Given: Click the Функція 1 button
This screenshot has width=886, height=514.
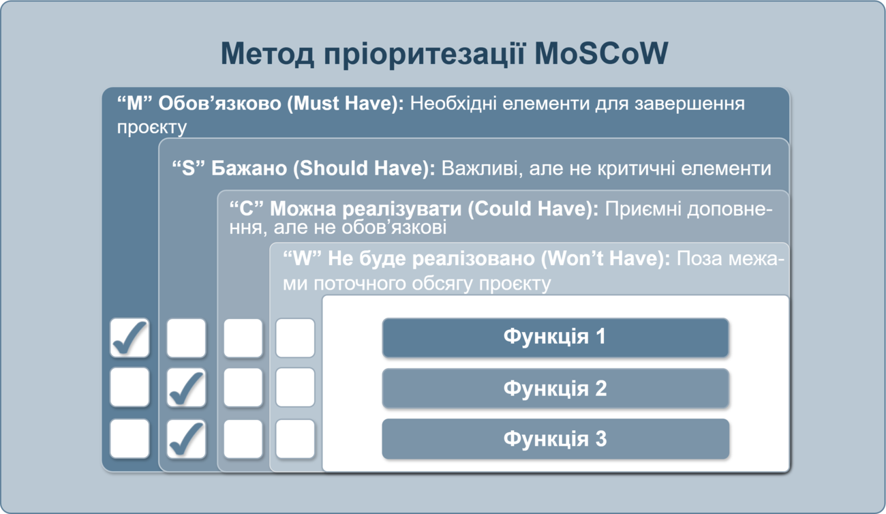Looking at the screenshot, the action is tap(555, 337).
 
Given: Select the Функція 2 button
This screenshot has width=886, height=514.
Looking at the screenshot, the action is tap(555, 388).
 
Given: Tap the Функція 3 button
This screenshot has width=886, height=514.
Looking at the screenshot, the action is tap(555, 439).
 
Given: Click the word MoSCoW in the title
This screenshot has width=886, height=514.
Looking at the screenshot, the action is tap(601, 53).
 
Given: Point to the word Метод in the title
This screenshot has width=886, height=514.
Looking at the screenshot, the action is tap(267, 53).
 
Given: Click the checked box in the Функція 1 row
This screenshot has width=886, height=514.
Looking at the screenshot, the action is tap(129, 338).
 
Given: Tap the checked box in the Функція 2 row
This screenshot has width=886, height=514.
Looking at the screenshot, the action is tap(186, 388).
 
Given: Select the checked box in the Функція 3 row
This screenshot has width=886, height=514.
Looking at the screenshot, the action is tap(186, 439).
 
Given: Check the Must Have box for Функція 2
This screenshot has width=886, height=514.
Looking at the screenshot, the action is tap(129, 388).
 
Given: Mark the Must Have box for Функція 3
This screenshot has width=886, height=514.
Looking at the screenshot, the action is tap(129, 439).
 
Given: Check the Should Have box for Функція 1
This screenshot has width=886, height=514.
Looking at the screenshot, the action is tap(186, 338).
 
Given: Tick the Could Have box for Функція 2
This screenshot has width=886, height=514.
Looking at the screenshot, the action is tap(243, 388).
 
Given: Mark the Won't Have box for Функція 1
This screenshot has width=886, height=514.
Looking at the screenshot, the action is tap(295, 338).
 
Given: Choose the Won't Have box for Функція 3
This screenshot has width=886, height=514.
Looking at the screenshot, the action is tap(295, 439).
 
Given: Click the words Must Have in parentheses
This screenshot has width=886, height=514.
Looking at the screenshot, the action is tap(345, 104).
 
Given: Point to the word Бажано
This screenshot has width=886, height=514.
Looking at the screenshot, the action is tap(249, 168).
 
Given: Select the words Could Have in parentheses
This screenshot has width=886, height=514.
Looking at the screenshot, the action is tap(532, 209).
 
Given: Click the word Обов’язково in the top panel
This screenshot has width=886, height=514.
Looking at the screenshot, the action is tap(219, 104).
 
